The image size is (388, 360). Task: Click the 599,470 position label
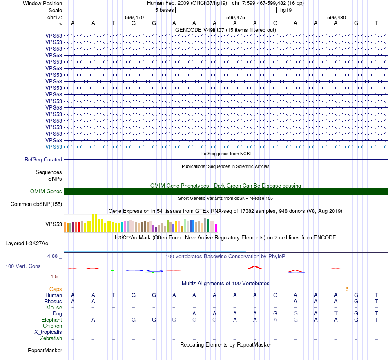pyautogui.click(x=134, y=17)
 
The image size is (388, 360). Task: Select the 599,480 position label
pyautogui.click(x=337, y=17)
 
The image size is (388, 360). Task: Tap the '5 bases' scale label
pyautogui.click(x=164, y=10)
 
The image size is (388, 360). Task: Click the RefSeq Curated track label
pyautogui.click(x=43, y=160)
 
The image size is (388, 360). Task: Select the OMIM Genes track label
pyautogui.click(x=46, y=192)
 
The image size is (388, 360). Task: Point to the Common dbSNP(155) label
pyautogui.click(x=36, y=204)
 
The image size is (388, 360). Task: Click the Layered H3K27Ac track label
pyautogui.click(x=27, y=244)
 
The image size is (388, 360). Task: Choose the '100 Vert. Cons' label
pyautogui.click(x=23, y=266)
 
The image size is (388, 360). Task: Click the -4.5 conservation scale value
pyautogui.click(x=55, y=277)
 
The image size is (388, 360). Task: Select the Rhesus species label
pyautogui.click(x=53, y=301)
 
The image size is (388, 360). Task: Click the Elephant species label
pyautogui.click(x=52, y=320)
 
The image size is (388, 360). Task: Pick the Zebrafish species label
pyautogui.click(x=51, y=338)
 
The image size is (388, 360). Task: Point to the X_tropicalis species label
pyautogui.click(x=48, y=332)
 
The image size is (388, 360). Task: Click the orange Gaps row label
pyautogui.click(x=56, y=289)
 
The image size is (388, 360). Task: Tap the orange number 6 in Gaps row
pyautogui.click(x=347, y=289)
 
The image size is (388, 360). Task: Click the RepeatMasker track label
pyautogui.click(x=45, y=350)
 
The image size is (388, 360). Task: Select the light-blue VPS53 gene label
pyautogui.click(x=54, y=147)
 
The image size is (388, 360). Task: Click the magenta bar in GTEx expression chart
pyautogui.click(x=216, y=228)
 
